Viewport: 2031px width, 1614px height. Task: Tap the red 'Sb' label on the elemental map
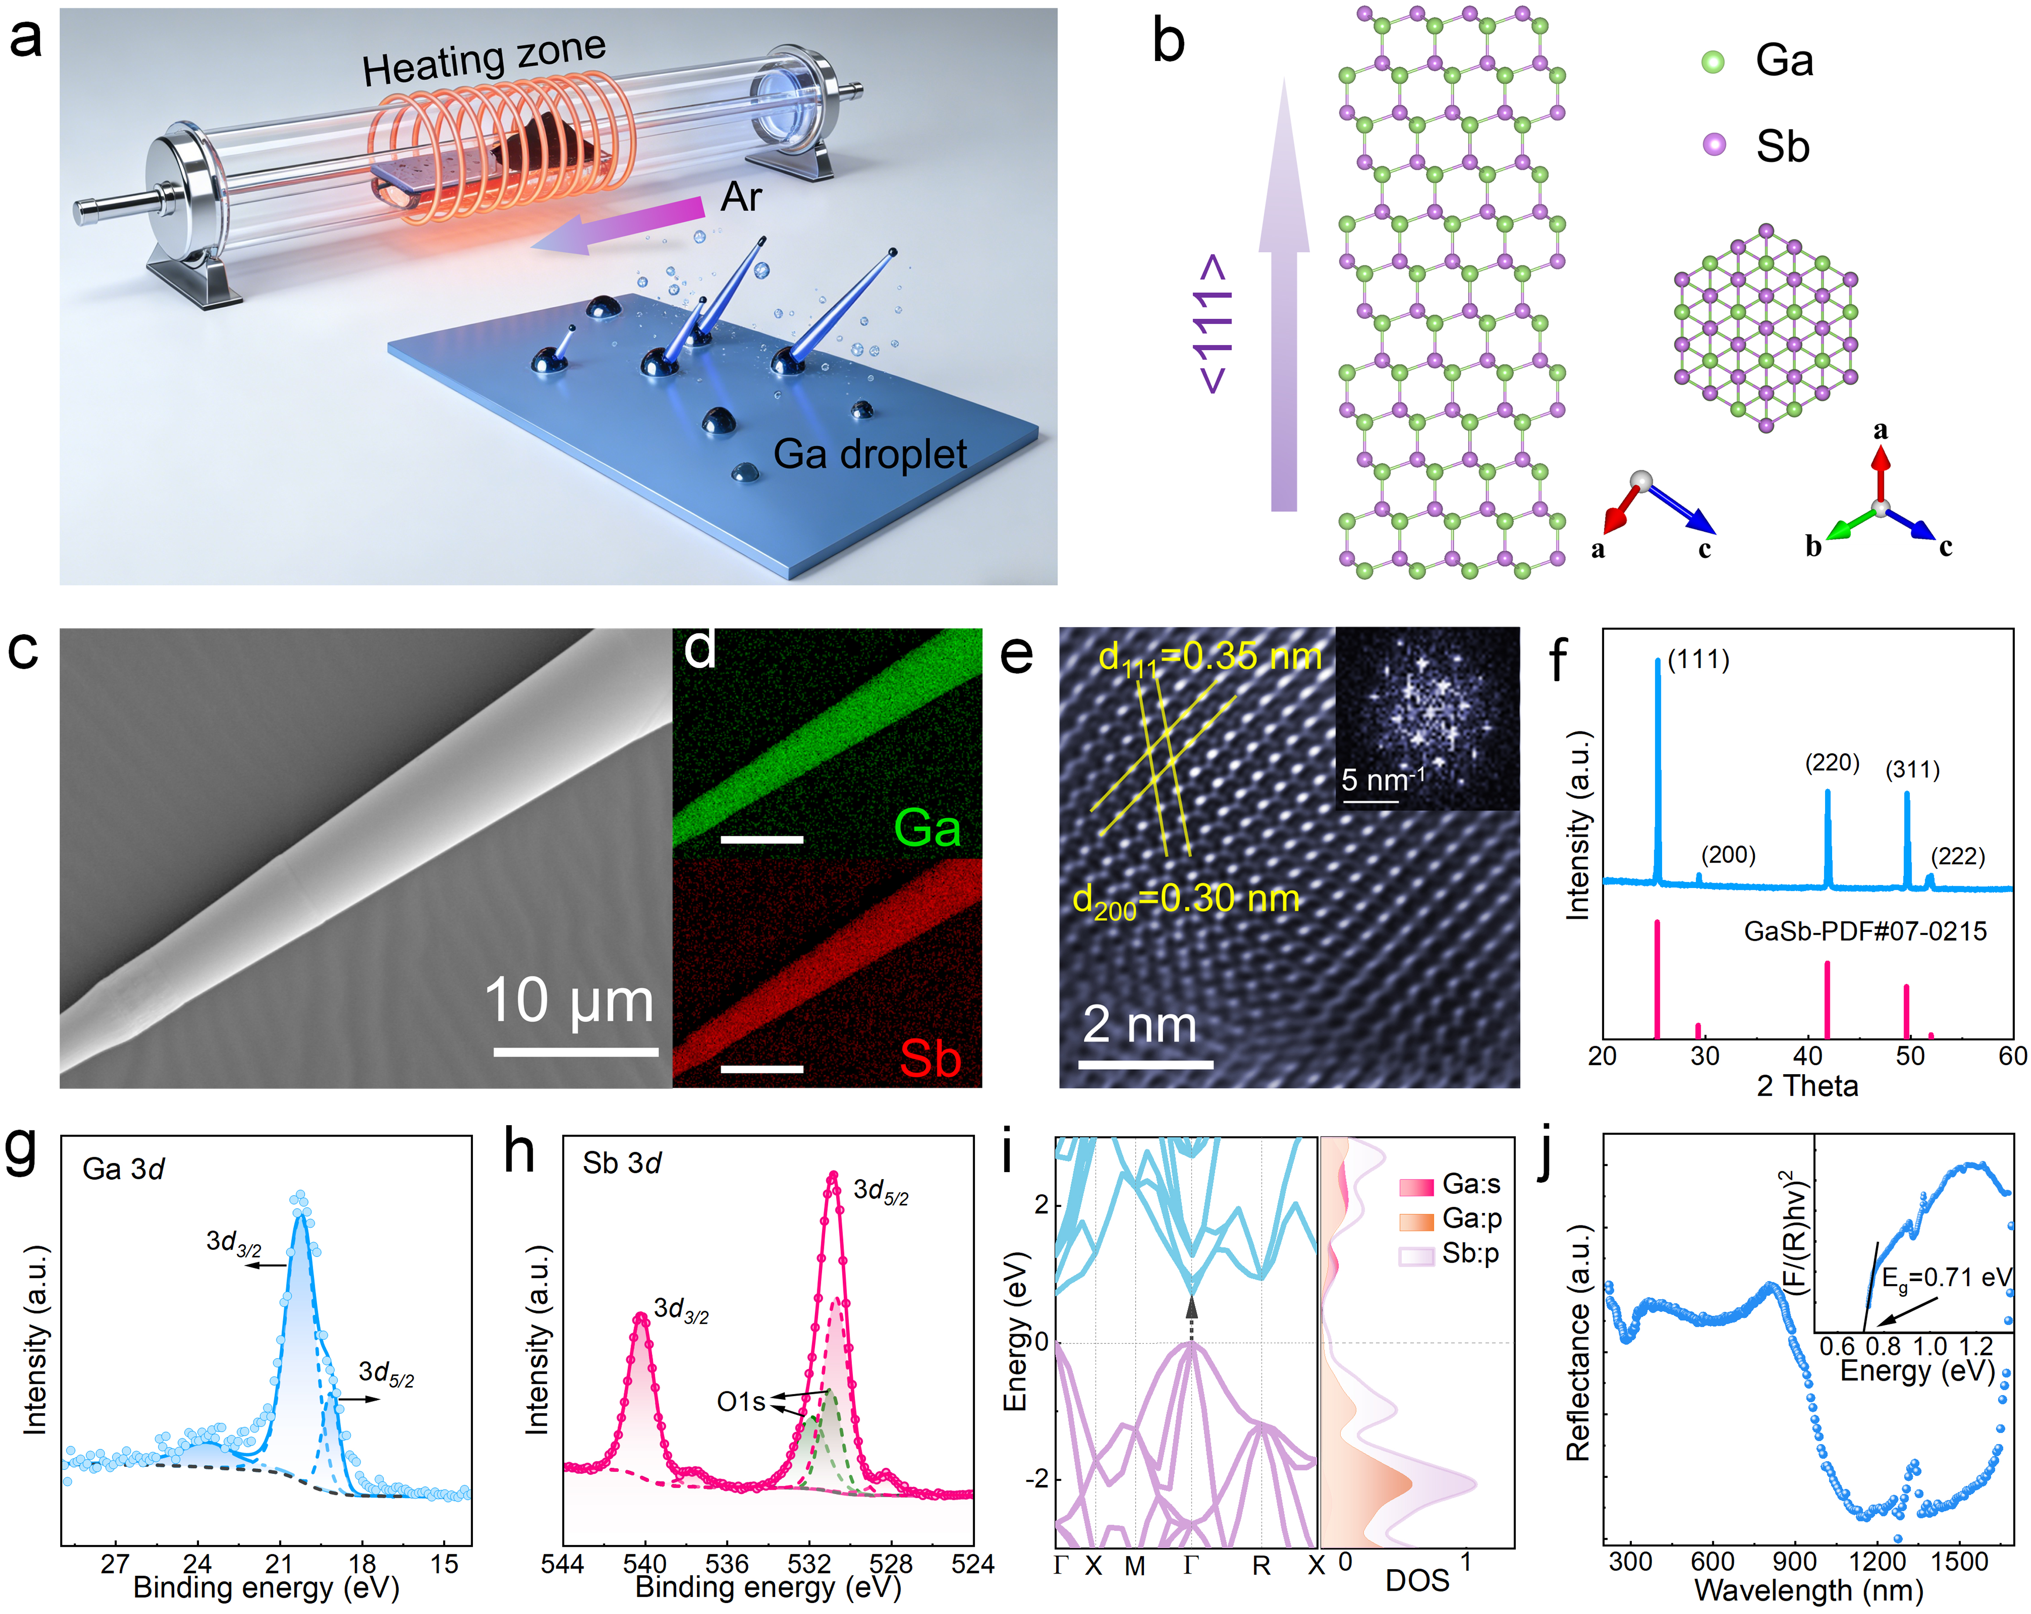coord(930,1058)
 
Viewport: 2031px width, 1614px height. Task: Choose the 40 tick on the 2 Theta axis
coord(1808,1055)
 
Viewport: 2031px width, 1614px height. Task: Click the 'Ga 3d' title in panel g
coord(123,1168)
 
